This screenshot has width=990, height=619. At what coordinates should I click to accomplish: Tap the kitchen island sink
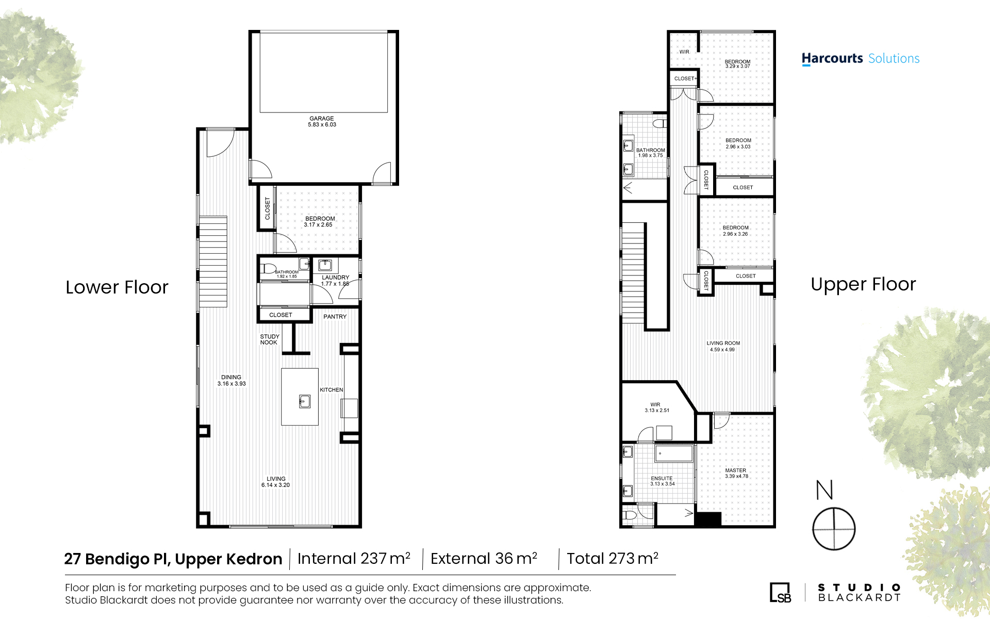305,401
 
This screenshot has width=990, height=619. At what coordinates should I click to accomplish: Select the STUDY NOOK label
269,339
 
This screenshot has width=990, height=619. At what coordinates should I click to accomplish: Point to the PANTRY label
335,317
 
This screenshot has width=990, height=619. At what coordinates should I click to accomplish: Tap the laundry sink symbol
325,265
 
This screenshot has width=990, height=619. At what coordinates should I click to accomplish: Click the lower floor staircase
213,262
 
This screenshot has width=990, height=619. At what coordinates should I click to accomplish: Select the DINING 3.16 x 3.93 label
232,381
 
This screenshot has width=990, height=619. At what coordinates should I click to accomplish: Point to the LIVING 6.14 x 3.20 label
276,482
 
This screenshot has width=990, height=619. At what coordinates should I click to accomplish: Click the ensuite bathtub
673,453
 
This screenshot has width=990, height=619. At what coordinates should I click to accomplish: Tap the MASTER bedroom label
736,473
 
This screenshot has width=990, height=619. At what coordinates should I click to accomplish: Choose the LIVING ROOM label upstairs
723,346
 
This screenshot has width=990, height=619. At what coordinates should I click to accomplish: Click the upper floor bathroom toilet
659,123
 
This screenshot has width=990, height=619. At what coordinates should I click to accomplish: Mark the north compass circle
834,508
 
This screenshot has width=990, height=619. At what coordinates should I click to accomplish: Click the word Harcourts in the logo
832,58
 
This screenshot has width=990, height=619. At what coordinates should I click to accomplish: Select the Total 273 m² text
613,558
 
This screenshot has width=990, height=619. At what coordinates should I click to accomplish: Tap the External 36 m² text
484,558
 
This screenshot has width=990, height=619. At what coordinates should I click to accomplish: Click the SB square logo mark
780,592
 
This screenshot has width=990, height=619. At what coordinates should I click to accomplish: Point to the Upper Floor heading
863,284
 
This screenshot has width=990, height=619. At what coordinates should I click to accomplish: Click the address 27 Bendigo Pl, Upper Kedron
173,559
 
